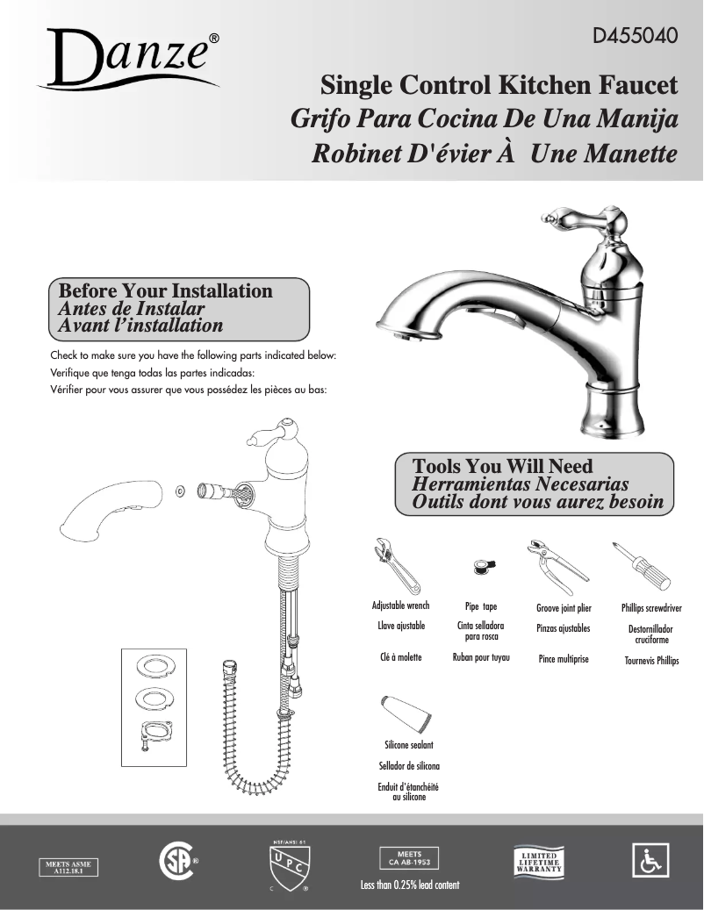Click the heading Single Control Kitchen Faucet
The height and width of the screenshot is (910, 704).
point(499,86)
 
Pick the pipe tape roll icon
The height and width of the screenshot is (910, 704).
point(482,567)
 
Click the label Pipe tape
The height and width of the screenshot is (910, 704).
point(481,606)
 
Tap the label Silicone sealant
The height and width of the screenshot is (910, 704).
point(409,745)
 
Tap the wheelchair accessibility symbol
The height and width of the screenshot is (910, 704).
point(650,861)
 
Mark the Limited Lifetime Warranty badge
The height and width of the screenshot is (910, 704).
point(539,861)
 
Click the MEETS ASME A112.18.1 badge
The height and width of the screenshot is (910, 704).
point(68,867)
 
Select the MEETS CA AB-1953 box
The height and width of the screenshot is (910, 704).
point(409,857)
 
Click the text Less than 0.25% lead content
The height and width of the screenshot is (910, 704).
point(409,885)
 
